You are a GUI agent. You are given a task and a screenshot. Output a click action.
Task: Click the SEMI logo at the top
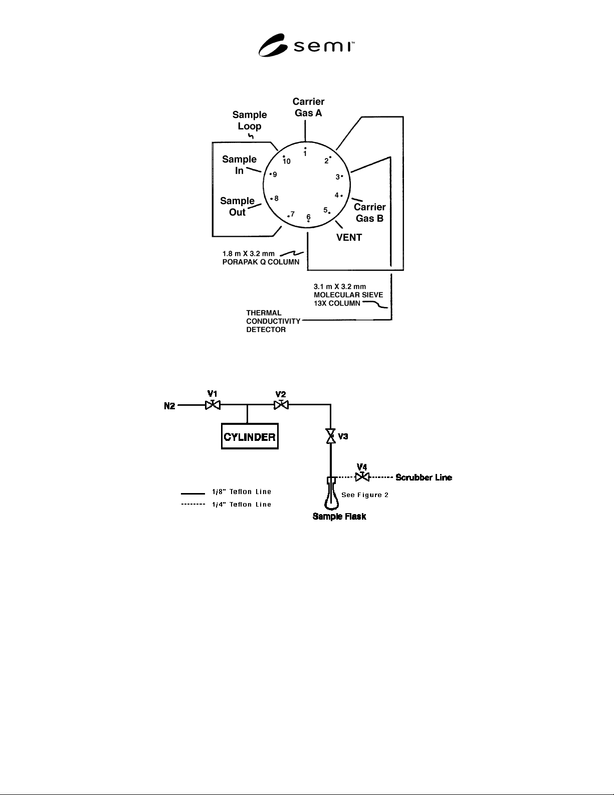[306, 45]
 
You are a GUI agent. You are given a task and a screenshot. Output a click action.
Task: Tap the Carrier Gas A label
[308, 107]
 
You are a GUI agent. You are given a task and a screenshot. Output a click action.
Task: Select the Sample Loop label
[250, 120]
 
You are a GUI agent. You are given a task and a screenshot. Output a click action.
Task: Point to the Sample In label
[240, 165]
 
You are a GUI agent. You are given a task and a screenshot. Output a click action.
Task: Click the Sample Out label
[237, 206]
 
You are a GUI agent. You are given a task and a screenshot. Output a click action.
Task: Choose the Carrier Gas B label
[369, 213]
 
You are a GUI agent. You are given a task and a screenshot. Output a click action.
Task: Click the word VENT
[349, 237]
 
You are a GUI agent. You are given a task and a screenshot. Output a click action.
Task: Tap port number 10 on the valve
[287, 161]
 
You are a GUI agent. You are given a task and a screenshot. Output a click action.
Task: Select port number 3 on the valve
[338, 177]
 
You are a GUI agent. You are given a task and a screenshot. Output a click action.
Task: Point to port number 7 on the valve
[292, 214]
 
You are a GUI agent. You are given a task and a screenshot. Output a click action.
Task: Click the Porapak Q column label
[261, 258]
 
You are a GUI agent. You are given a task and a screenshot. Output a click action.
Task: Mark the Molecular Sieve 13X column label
[348, 295]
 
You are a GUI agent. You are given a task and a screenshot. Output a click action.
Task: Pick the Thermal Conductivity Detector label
[273, 321]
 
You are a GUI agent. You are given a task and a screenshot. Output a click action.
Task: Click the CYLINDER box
[250, 436]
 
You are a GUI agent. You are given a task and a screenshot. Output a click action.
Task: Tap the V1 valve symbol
[213, 405]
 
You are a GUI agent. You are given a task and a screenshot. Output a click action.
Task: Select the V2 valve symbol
[281, 405]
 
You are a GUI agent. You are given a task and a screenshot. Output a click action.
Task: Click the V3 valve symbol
[330, 436]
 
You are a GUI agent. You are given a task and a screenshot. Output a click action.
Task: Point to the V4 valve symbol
[362, 476]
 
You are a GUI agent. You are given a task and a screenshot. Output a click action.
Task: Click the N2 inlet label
[169, 406]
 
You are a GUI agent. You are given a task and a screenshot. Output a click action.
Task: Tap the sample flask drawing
[331, 494]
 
